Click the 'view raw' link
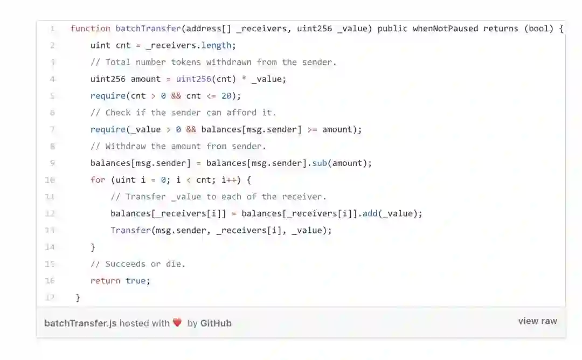pos(537,321)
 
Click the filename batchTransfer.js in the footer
pos(80,323)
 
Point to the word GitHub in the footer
pos(216,323)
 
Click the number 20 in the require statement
pos(226,96)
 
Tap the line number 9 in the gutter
pos(52,163)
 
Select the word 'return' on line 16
pos(105,281)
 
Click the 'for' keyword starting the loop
pos(98,180)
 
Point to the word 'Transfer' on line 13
pos(130,230)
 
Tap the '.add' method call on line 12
pos(370,213)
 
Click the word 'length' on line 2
pos(216,45)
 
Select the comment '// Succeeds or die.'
pos(137,264)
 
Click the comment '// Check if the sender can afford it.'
pos(183,113)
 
